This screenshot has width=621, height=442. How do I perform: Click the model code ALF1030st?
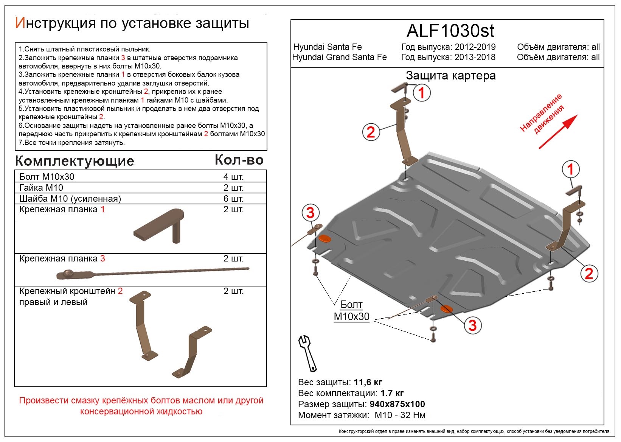(x=450, y=31)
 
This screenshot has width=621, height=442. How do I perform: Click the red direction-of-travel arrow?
(x=558, y=132)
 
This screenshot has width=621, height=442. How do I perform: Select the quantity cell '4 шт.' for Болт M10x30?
(x=233, y=177)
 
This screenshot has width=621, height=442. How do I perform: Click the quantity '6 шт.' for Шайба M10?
(x=233, y=199)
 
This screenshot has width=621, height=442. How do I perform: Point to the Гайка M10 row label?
(x=41, y=188)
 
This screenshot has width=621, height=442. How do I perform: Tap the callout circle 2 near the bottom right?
(x=588, y=273)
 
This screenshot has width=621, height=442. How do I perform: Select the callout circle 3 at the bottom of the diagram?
(x=472, y=325)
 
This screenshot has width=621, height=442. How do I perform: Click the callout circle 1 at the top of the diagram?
(x=421, y=93)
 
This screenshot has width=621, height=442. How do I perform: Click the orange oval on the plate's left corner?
(x=324, y=238)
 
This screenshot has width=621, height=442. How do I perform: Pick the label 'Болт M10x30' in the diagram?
(x=351, y=311)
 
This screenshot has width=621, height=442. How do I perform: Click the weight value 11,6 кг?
(x=368, y=382)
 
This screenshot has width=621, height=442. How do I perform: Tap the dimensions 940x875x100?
(x=397, y=404)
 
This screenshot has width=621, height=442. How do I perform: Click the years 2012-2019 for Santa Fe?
(x=475, y=47)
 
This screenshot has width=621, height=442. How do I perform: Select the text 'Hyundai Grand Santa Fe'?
(x=339, y=57)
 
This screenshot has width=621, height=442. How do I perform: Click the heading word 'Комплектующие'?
(x=75, y=161)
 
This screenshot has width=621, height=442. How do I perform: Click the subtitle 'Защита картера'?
(x=450, y=76)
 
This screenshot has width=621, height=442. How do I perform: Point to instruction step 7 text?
(x=72, y=143)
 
